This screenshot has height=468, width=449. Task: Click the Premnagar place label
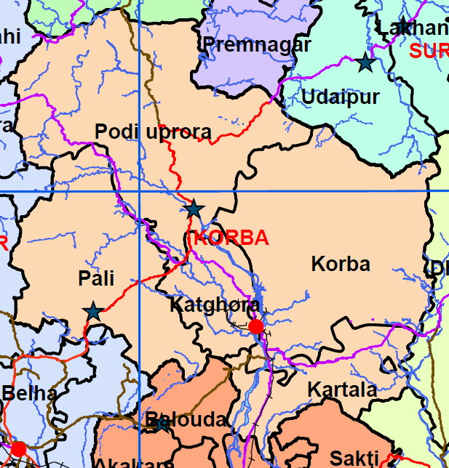pyautogui.click(x=257, y=44)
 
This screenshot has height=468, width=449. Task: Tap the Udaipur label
pyautogui.click(x=341, y=97)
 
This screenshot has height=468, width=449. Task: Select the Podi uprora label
pyautogui.click(x=153, y=132)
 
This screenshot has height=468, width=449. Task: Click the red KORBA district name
pyautogui.click(x=230, y=238)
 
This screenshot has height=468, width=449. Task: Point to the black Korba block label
pyautogui.click(x=341, y=263)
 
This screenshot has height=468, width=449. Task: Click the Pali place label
pyautogui.click(x=97, y=279)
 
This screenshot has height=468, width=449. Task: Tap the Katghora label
pyautogui.click(x=214, y=304)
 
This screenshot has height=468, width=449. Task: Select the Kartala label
pyautogui.click(x=342, y=390)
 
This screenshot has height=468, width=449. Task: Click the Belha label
pyautogui.click(x=29, y=394)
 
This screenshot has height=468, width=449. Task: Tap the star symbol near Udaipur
pyautogui.click(x=365, y=62)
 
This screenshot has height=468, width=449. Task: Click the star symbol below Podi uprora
pyautogui.click(x=194, y=209)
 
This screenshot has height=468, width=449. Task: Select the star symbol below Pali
pyautogui.click(x=92, y=312)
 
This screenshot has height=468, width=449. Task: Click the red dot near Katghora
pyautogui.click(x=255, y=326)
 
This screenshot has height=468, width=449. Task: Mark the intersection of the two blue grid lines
pyautogui.click(x=139, y=190)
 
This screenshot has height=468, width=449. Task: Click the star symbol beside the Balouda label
pyautogui.click(x=159, y=424)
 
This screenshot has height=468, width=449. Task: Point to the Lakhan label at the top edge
pyautogui.click(x=413, y=28)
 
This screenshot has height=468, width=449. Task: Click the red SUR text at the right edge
pyautogui.click(x=428, y=51)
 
